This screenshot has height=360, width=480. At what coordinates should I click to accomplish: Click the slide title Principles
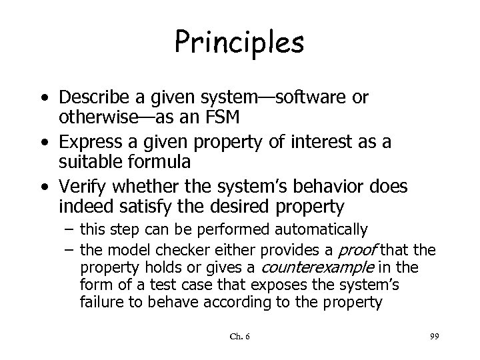240,42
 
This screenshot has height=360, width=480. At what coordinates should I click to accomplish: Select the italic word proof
359,249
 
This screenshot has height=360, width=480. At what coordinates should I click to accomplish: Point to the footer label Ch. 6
239,339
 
